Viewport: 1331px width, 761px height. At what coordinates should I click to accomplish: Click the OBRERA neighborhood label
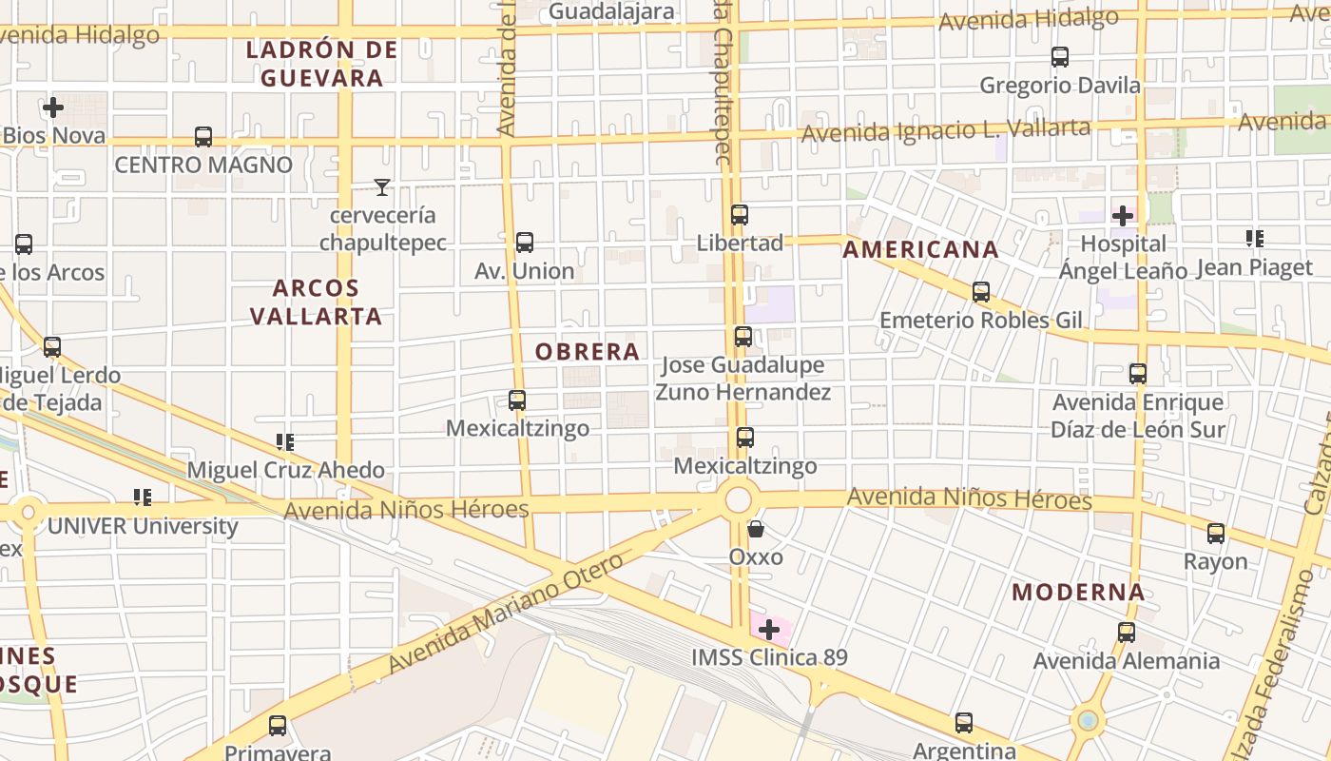[x=587, y=352]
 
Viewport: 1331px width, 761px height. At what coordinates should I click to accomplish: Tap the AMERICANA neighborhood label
[x=920, y=250]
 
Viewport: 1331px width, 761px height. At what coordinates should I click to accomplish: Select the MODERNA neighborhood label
[x=1078, y=593]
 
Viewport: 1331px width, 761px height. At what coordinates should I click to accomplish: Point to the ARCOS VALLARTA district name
[x=316, y=302]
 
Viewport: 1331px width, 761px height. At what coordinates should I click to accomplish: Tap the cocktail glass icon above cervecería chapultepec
[x=382, y=187]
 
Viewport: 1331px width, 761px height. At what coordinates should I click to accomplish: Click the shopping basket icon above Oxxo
[x=756, y=529]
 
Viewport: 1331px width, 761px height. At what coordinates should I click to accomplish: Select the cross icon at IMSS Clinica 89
[x=768, y=629]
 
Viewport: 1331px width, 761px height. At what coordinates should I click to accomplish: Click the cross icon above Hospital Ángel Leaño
[x=1123, y=216]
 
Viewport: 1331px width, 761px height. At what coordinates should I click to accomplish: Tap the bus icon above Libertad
[x=740, y=215]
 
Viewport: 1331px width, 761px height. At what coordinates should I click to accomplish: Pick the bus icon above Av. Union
[x=524, y=243]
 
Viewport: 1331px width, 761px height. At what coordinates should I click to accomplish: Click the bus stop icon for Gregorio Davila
[x=1060, y=57]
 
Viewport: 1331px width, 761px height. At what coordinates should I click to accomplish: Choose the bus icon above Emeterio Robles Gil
[x=981, y=292]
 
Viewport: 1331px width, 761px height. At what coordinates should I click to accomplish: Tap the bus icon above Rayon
[x=1216, y=534]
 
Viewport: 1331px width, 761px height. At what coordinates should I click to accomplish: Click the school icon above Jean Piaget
[x=1255, y=239]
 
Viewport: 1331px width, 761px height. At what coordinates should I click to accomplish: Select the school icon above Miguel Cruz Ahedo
[x=285, y=441]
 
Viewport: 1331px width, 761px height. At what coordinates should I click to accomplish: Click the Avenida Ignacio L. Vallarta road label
[x=945, y=129]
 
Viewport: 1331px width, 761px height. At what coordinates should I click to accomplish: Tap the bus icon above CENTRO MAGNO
[x=203, y=137]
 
